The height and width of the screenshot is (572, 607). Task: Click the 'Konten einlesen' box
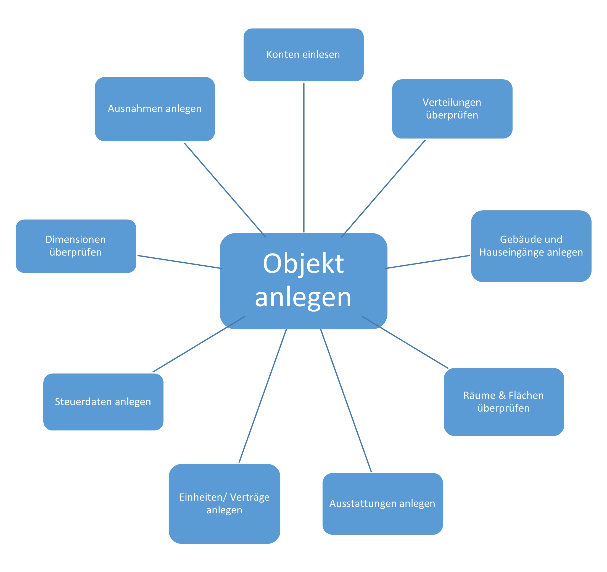click(x=303, y=55)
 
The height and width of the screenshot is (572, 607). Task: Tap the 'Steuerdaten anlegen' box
click(x=103, y=402)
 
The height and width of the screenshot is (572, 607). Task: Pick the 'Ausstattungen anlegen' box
click(x=382, y=503)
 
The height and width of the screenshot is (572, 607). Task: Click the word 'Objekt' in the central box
click(x=303, y=263)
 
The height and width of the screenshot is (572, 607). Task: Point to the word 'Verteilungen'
click(x=452, y=102)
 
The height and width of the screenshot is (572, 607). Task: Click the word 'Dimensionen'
click(x=75, y=239)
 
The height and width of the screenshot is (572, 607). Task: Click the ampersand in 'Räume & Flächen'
click(x=502, y=395)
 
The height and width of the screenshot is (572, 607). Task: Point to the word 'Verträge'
click(x=249, y=497)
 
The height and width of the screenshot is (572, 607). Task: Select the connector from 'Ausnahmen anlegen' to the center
click(x=225, y=190)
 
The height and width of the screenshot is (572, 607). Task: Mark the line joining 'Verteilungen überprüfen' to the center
click(x=383, y=189)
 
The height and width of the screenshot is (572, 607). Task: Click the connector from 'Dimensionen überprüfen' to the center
click(x=179, y=262)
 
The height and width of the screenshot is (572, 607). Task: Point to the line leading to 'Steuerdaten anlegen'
click(x=199, y=344)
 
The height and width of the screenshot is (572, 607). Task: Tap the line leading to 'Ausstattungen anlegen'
click(x=346, y=401)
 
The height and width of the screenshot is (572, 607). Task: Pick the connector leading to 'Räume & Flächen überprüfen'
click(x=405, y=343)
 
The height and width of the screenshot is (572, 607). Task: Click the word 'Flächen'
click(x=526, y=395)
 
